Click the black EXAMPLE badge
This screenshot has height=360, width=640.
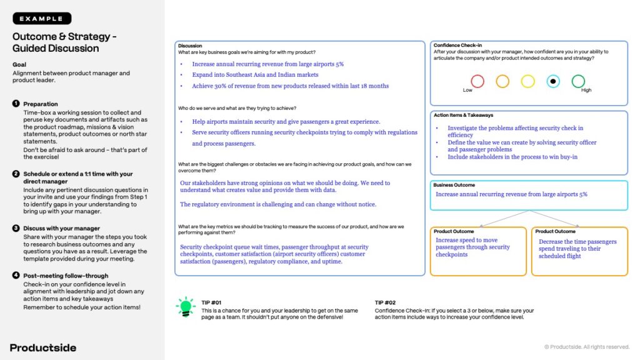tap(42, 19)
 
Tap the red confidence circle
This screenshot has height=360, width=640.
tap(477, 81)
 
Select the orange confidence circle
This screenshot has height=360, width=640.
tap(502, 81)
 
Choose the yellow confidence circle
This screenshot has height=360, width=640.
tap(528, 81)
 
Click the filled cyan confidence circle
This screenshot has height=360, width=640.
tap(553, 81)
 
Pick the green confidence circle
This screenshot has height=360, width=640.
tap(578, 81)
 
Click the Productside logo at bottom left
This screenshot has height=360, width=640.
tap(43, 347)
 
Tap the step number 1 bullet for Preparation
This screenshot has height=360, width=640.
tap(16, 104)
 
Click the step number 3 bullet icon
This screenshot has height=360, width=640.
tap(16, 228)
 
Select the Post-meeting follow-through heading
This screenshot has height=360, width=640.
tap(66, 276)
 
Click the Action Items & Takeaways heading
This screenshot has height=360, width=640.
tap(463, 115)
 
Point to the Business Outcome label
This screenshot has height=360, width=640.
tap(454, 185)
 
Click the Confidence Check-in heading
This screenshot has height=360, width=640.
tap(457, 45)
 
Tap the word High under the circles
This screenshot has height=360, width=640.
tap(586, 91)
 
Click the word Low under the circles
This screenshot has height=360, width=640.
tap(467, 91)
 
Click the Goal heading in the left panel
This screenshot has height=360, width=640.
tap(19, 64)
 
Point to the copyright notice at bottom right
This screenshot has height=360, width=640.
tap(587, 347)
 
